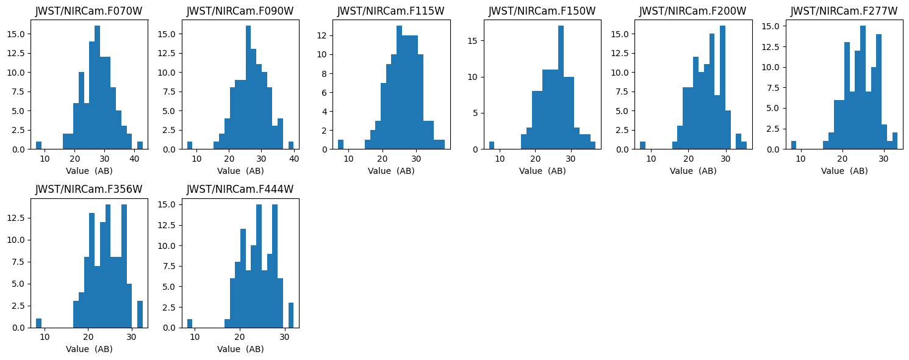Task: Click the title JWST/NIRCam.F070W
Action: [89, 11]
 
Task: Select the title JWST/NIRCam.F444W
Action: [240, 189]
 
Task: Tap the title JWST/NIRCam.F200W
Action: [692, 11]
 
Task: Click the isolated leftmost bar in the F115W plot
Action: [340, 145]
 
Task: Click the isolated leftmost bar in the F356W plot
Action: [38, 323]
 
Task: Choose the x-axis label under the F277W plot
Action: [844, 171]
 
